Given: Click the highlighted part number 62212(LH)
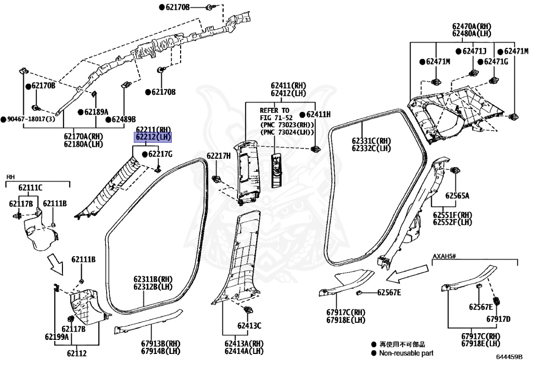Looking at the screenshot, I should pos(153,137).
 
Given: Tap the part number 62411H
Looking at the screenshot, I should pos(319,114).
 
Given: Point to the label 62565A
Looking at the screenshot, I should pos(457,196).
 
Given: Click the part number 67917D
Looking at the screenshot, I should pos(499,319).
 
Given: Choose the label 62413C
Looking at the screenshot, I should pos(249,326).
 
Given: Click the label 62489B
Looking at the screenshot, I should pos(123,119).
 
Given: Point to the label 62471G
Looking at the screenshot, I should pos(496,61).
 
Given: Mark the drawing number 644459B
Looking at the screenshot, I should pos(509,357).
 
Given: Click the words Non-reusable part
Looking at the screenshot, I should pos(406,353).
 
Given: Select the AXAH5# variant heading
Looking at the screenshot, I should pos(444,257).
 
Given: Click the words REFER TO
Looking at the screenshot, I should pos(274,111).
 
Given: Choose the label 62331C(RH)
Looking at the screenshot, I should pos(371,141).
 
